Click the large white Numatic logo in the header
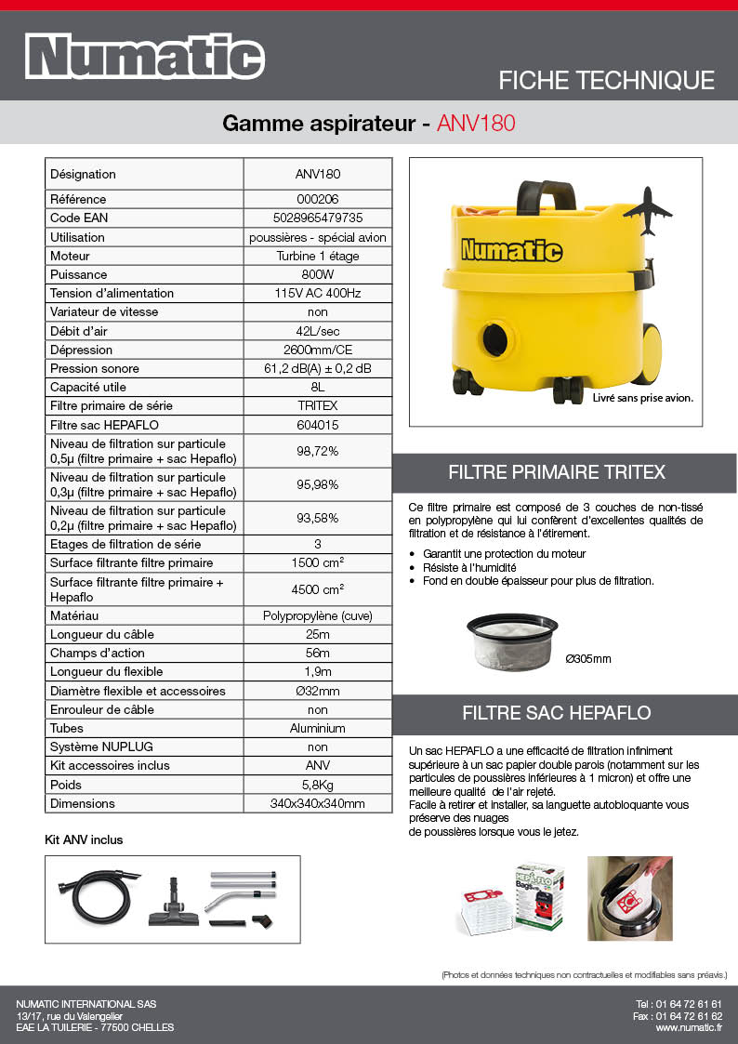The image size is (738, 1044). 144,58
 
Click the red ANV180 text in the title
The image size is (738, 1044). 475,123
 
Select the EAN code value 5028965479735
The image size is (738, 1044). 318,218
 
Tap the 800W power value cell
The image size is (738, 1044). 318,274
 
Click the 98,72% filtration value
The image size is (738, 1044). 318,451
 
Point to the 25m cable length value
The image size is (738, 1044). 318,634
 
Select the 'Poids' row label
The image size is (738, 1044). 66,785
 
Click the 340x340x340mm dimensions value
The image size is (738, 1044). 318,803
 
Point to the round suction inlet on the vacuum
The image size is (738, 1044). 494,335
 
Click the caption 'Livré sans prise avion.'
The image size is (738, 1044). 643,397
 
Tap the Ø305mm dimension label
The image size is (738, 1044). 588,659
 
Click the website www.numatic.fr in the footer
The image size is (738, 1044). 689,1027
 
